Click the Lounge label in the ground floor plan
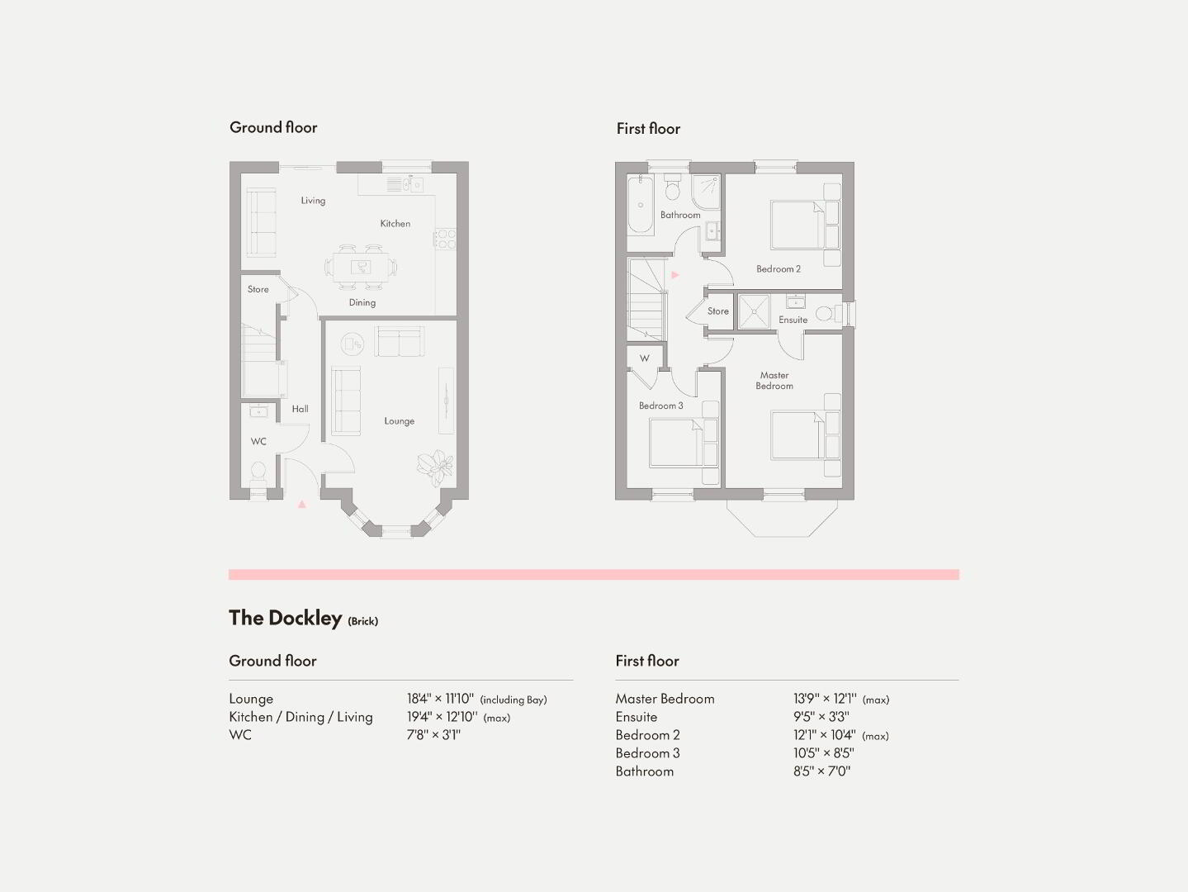click(400, 421)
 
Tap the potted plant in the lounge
click(435, 467)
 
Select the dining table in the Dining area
click(361, 268)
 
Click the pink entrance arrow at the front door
click(302, 505)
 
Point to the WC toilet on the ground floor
click(258, 472)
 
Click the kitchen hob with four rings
click(446, 239)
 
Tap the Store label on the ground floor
click(258, 290)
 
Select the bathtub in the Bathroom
click(641, 205)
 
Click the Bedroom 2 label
click(779, 269)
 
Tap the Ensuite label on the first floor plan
click(793, 320)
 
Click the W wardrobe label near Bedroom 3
click(644, 358)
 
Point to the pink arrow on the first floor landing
click(675, 275)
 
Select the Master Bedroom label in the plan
click(774, 381)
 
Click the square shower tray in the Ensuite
click(754, 311)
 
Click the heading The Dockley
click(285, 618)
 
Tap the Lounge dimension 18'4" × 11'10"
click(440, 699)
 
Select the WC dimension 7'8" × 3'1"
click(433, 735)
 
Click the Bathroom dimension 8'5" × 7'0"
click(821, 771)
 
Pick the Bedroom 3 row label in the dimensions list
click(647, 753)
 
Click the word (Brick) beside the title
click(362, 621)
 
